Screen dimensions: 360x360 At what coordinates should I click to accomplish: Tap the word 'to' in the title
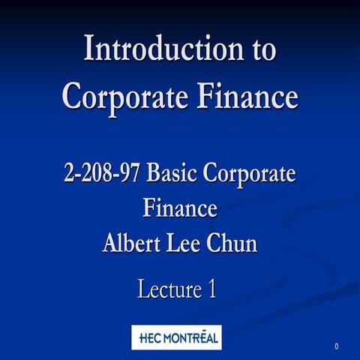261,49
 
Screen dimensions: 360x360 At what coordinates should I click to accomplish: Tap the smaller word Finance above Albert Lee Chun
180,207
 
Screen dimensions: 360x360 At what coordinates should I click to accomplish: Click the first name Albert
132,242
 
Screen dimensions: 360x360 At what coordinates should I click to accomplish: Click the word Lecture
166,289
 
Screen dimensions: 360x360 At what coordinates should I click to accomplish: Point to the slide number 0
337,346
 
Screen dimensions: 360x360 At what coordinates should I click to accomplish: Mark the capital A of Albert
111,242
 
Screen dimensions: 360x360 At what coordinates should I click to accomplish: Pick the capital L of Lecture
143,289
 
